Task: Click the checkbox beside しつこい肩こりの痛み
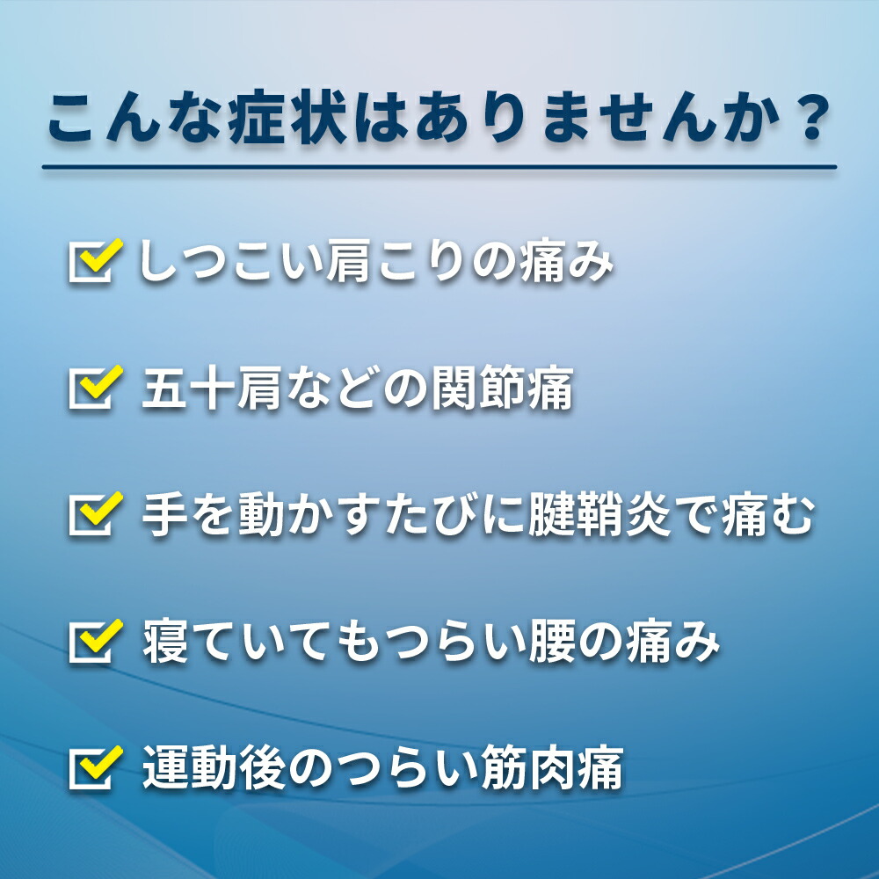94,260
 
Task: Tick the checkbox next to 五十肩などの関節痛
94,387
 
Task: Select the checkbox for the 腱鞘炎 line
94,513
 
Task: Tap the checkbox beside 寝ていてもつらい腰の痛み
94,641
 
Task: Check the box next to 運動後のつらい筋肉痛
94,767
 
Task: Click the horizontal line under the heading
439,167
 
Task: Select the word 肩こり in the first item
396,261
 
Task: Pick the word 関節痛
502,388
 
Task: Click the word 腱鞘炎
599,514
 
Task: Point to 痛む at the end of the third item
767,514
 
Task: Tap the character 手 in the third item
164,514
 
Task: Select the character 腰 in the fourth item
552,642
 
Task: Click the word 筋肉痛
552,768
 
